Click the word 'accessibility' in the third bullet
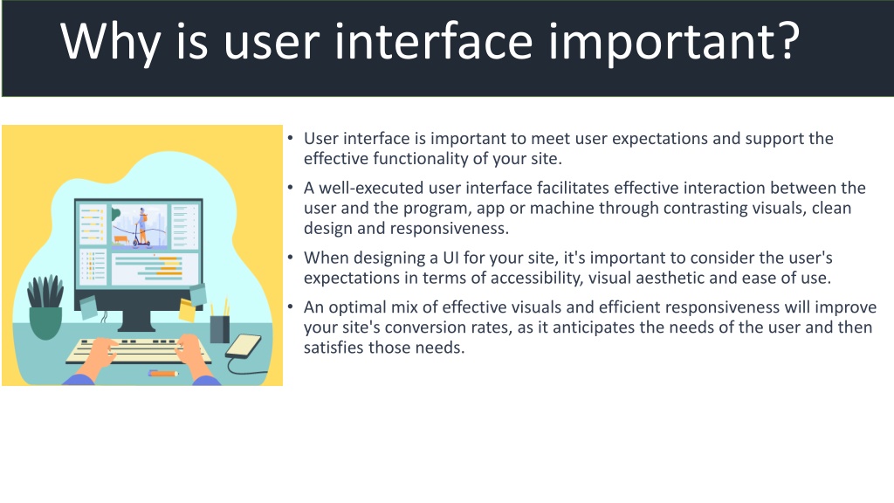pyautogui.click(x=536, y=279)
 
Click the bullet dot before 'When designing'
pyautogui.click(x=290, y=258)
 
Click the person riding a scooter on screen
pyautogui.click(x=141, y=227)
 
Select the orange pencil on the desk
pyautogui.click(x=163, y=374)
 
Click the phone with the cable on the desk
pyautogui.click(x=244, y=346)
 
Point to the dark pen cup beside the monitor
pyautogui.click(x=219, y=327)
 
